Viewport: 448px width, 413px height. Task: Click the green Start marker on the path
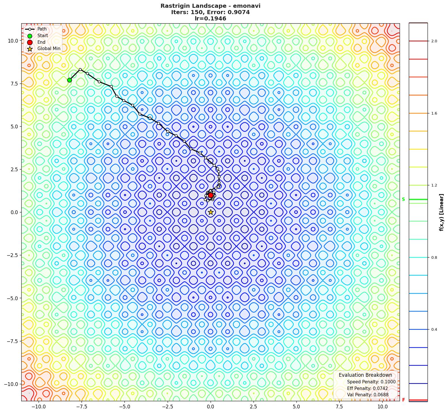69,80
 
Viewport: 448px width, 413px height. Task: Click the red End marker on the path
211,195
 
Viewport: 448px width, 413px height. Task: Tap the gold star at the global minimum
211,212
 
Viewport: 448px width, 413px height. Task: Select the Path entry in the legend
42,29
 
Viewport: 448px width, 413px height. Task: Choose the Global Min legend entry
49,49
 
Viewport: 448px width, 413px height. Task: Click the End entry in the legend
41,42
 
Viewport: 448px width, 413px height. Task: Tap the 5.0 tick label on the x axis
296,407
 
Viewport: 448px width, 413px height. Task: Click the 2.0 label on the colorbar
434,41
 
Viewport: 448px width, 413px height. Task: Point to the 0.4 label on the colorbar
434,330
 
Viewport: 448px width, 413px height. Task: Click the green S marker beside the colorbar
403,199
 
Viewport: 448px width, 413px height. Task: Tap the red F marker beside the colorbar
403,400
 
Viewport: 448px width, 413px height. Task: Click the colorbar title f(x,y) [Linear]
441,212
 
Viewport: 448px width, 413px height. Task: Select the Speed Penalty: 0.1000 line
371,382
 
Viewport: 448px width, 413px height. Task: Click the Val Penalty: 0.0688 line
368,395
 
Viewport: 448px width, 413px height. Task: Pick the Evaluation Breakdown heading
365,375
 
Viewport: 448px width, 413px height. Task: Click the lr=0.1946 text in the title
210,19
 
